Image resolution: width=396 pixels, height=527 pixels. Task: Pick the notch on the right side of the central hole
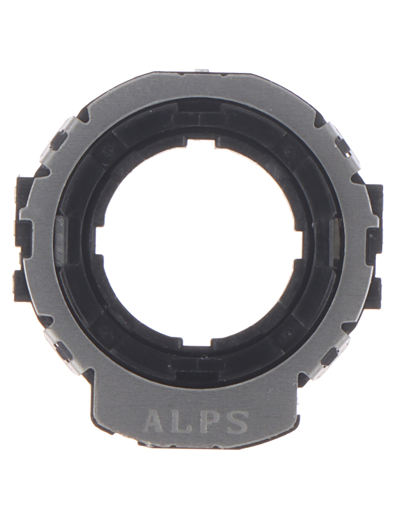point(299,245)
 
